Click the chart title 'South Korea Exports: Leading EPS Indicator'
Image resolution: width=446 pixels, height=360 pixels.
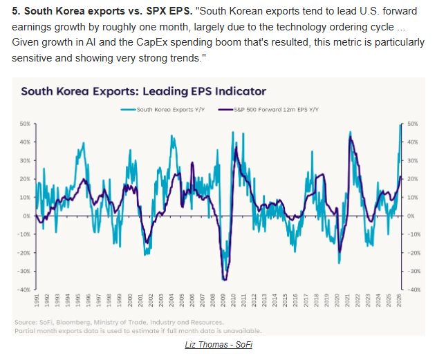142,91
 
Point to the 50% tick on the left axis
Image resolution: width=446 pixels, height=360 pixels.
25,124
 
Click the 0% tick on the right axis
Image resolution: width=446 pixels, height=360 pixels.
412,216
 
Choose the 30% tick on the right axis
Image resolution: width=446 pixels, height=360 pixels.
414,160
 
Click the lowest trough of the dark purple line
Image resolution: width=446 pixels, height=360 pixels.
225,279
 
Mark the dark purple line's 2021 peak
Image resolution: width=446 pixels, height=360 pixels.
351,139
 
